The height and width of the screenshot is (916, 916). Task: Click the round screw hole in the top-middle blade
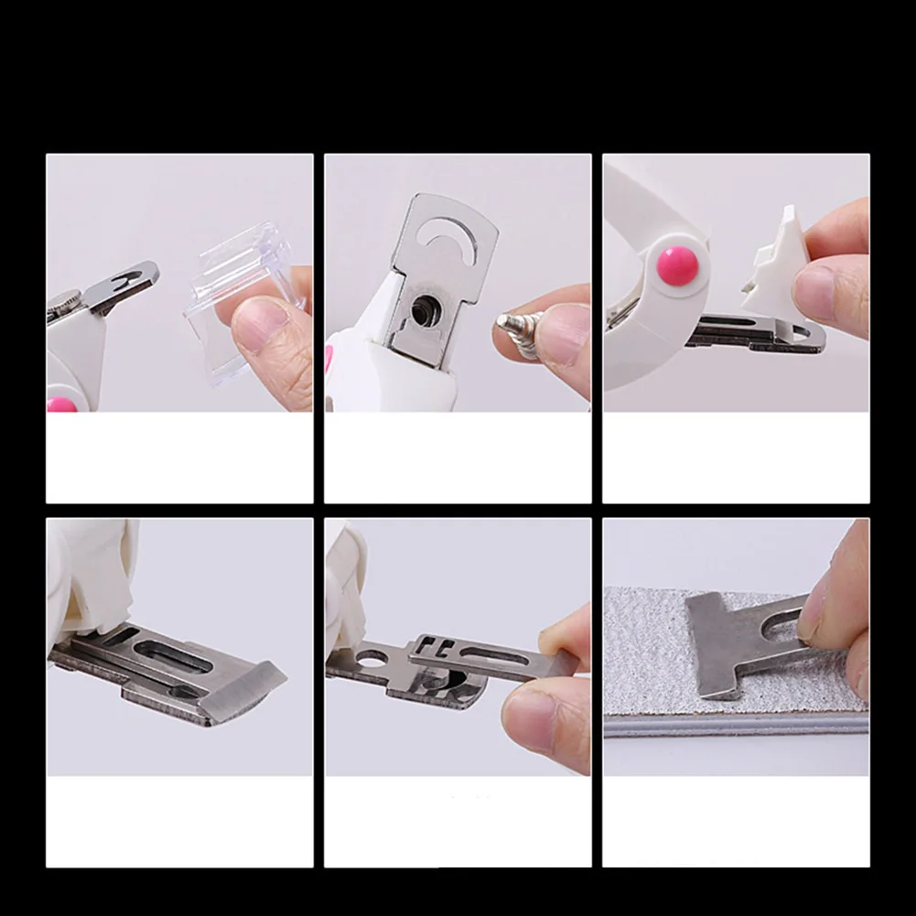[423, 311]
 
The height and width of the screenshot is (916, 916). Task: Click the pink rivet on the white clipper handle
[677, 265]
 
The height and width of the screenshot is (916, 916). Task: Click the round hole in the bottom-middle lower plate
[372, 658]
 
